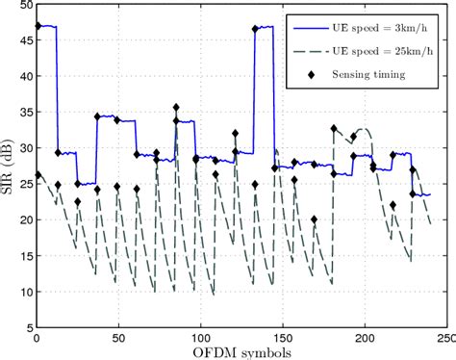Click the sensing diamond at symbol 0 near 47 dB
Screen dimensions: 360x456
pyautogui.click(x=38, y=26)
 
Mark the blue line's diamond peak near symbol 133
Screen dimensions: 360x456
pyautogui.click(x=255, y=29)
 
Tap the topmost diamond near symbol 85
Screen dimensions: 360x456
pyautogui.click(x=176, y=108)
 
